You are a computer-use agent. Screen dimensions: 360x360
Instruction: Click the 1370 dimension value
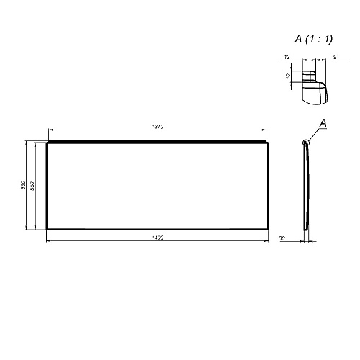[158, 127]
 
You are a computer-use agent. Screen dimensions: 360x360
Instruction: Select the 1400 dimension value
[158, 238]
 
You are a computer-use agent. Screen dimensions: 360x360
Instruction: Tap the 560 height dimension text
[23, 185]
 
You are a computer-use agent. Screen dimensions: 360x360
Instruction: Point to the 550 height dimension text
[32, 186]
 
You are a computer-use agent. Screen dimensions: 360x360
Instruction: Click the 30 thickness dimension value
[282, 238]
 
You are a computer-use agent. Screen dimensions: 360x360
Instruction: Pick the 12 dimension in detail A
[287, 57]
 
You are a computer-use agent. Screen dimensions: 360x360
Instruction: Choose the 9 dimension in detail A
[335, 57]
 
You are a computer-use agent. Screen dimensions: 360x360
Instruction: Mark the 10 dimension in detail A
[288, 76]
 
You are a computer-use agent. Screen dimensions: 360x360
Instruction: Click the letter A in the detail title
[298, 39]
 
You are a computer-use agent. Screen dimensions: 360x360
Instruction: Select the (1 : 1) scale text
[319, 40]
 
